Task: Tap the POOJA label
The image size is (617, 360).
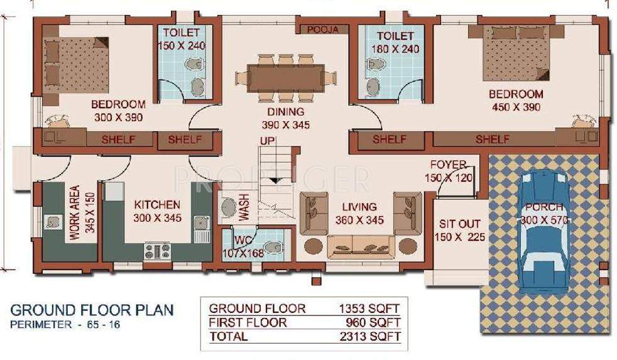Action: (x=323, y=30)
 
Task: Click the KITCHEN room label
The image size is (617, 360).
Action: (x=157, y=205)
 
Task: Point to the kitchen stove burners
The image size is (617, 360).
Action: (x=158, y=251)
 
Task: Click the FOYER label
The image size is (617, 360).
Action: (x=448, y=165)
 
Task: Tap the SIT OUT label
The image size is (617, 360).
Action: (x=459, y=224)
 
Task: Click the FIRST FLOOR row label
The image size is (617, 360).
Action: (x=248, y=323)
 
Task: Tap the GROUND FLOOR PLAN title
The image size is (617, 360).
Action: (x=92, y=310)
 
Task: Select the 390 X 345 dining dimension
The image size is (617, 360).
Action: (x=285, y=126)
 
